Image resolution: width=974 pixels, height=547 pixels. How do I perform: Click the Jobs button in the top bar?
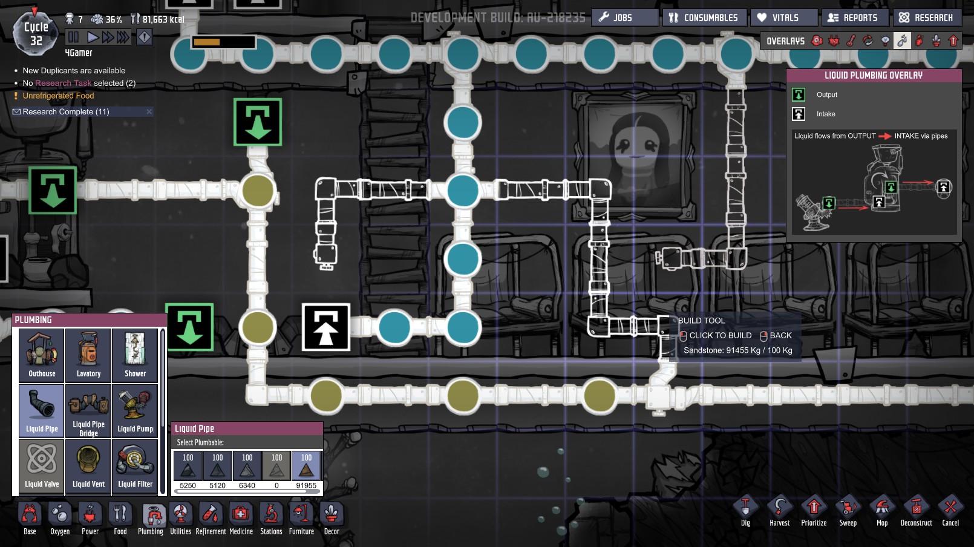(624, 18)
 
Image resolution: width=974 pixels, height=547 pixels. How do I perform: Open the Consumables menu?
(704, 18)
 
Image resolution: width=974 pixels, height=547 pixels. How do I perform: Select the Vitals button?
(784, 18)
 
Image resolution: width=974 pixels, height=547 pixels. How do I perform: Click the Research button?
(927, 18)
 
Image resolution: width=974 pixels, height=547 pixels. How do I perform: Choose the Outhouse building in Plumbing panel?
(42, 355)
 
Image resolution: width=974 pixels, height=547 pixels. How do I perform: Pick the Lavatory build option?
(89, 355)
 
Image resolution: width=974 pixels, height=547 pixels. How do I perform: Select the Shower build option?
(136, 355)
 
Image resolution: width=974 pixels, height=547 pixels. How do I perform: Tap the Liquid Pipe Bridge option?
(89, 411)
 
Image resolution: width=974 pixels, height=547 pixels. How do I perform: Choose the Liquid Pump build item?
(136, 411)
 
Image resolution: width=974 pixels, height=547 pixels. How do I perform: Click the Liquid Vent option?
(89, 466)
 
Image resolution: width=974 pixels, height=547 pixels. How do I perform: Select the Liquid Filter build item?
(136, 466)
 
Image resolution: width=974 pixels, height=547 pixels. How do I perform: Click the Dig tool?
(745, 511)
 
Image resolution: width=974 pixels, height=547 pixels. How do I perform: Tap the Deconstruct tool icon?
(916, 511)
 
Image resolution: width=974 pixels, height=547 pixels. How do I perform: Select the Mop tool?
(882, 511)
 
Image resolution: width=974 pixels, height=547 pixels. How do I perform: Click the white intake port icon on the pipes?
(326, 327)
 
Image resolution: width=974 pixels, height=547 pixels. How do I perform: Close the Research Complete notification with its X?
(149, 112)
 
